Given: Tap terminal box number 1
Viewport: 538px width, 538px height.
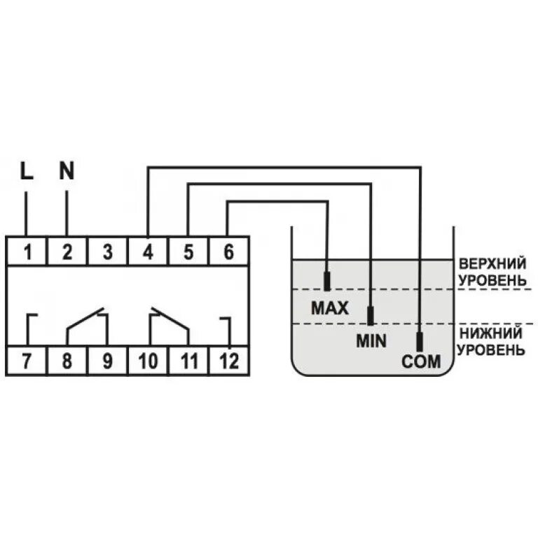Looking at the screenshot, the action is pos(27,251).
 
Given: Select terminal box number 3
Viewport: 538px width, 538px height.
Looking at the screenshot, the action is pos(107,251).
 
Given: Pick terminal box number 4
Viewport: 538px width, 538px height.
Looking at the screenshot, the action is pos(148,251).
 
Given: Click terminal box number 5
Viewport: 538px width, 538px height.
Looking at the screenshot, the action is pos(188,251).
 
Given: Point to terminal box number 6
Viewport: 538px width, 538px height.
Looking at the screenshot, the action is pos(228,251).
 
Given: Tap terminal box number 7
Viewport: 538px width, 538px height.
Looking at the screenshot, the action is pos(27,361).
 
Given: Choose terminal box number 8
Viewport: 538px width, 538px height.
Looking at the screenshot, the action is pos(67,361).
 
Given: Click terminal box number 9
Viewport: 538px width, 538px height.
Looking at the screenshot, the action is pos(107,361).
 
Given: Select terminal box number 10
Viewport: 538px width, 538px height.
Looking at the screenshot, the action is pos(148,361).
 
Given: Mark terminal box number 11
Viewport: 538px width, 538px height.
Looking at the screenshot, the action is pos(188,361).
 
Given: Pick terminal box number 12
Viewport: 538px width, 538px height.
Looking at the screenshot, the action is pos(228,361).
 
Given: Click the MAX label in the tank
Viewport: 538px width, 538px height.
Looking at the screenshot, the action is pos(329,308).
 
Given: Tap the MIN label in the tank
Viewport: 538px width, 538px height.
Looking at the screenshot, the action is pos(371,341).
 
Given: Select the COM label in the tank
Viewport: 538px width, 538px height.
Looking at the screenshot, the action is pos(420,362).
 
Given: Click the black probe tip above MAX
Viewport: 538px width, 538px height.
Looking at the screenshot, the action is pos(326,282).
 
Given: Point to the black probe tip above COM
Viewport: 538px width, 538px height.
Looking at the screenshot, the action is pos(420,342).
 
